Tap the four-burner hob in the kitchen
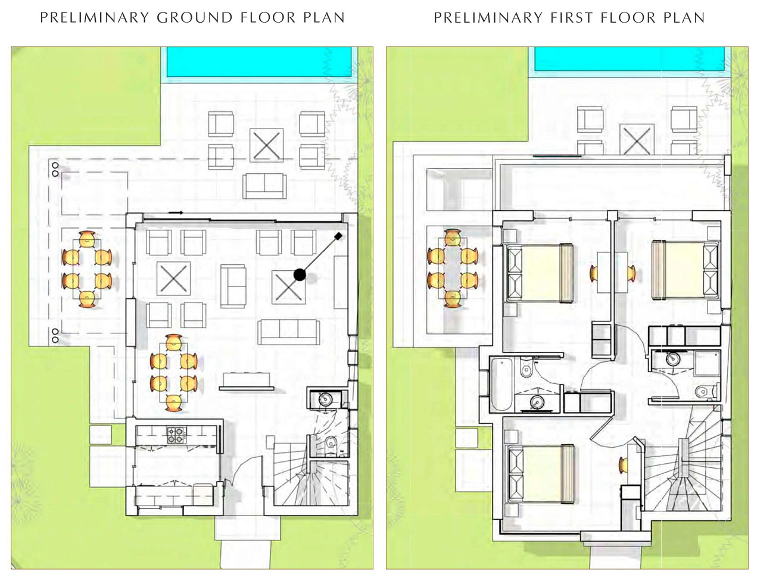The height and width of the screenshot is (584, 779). (176, 435)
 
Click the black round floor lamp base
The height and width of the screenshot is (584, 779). (300, 274)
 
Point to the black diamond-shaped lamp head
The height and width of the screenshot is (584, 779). (338, 236)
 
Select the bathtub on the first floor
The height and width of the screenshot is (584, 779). (501, 384)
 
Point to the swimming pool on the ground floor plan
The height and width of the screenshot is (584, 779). (259, 62)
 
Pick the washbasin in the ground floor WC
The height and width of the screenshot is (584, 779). (325, 399)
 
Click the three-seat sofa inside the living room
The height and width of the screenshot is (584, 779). (288, 332)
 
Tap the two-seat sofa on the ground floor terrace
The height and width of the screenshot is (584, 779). (264, 186)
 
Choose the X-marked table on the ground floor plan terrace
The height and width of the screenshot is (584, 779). (267, 145)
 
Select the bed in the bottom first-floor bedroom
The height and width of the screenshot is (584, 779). (541, 474)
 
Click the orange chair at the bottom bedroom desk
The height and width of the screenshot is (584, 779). (623, 465)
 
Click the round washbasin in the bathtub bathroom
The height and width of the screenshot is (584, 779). (537, 402)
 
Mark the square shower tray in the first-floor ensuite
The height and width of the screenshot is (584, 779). (706, 363)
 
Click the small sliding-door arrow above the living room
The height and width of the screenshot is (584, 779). (176, 213)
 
